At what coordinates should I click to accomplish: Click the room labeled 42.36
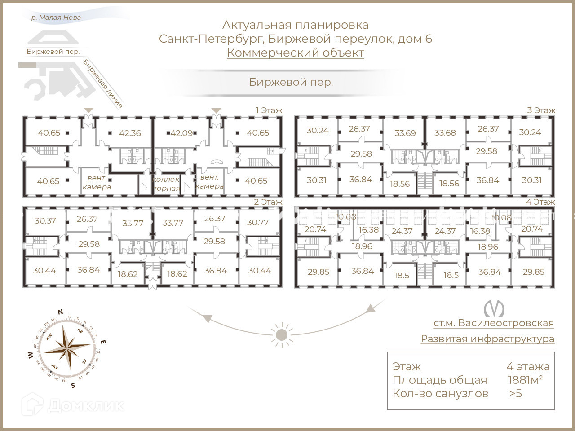(x=130, y=133)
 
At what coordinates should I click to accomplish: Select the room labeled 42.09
(x=181, y=133)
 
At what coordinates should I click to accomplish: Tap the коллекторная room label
(x=167, y=184)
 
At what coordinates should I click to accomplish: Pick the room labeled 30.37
(x=45, y=220)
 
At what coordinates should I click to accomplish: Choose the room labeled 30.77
(x=258, y=222)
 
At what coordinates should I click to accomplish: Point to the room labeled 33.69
(x=405, y=133)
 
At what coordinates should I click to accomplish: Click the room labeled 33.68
(x=445, y=132)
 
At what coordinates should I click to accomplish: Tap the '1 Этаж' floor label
(x=269, y=110)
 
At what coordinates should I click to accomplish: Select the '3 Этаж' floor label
(x=541, y=110)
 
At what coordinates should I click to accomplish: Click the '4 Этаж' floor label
(x=541, y=202)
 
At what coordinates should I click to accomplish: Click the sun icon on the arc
(x=282, y=334)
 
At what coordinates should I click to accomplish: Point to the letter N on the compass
(x=60, y=312)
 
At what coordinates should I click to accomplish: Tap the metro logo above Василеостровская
(x=494, y=308)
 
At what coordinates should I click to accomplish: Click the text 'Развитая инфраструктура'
(x=487, y=339)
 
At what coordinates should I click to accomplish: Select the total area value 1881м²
(x=525, y=380)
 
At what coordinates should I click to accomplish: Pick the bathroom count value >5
(x=515, y=394)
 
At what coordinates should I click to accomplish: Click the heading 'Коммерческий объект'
(x=296, y=53)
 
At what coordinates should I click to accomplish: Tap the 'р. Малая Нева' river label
(x=56, y=18)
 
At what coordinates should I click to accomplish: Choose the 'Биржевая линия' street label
(x=103, y=84)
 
